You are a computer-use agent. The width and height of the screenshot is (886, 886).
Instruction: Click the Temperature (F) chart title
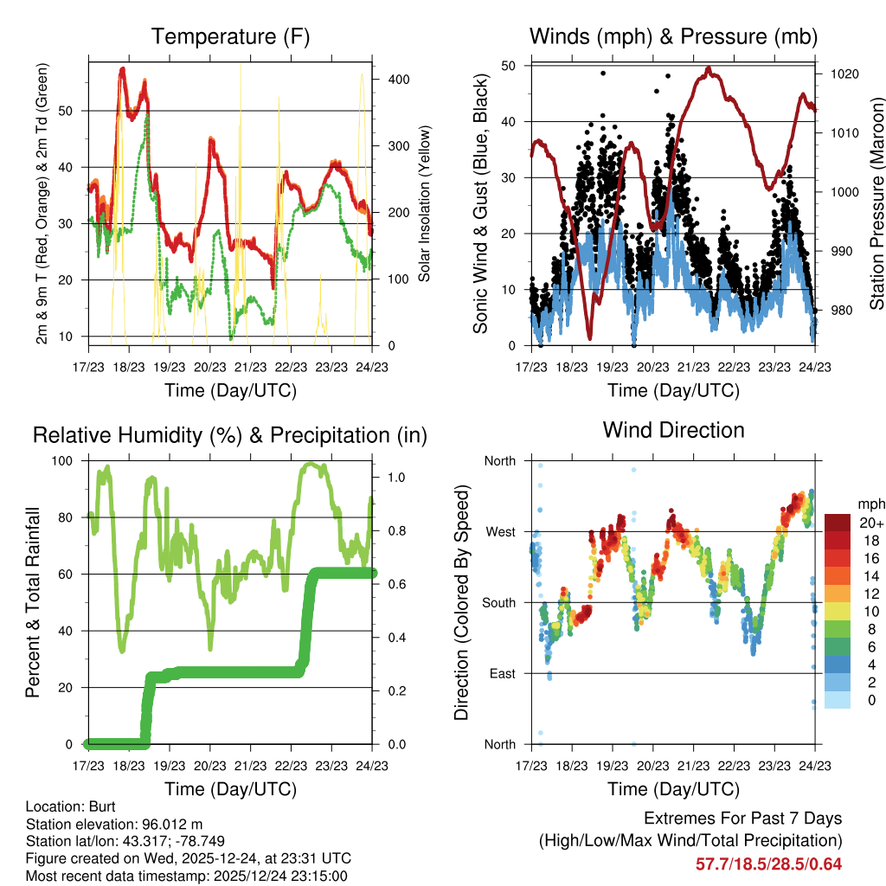[230, 37]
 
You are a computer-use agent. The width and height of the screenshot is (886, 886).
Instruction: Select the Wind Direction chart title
[673, 430]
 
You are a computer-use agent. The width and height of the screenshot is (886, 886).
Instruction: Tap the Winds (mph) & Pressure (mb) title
[673, 37]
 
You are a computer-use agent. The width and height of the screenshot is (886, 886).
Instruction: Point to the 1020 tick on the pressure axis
[844, 74]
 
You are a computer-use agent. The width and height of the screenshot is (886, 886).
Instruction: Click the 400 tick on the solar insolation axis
[399, 79]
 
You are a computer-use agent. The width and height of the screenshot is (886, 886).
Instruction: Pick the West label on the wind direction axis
[500, 531]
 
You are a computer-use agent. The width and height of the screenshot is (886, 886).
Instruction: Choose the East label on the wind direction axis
[502, 673]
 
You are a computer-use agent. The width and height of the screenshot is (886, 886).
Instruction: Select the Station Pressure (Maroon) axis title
[876, 204]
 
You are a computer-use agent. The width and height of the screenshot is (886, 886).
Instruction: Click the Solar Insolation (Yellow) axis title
[425, 204]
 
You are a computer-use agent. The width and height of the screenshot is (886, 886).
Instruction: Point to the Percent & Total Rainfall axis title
[33, 602]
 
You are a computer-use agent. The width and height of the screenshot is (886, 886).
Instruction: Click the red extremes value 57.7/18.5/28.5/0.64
[768, 864]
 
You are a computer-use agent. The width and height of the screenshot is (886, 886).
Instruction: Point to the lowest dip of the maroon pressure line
[589, 338]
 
